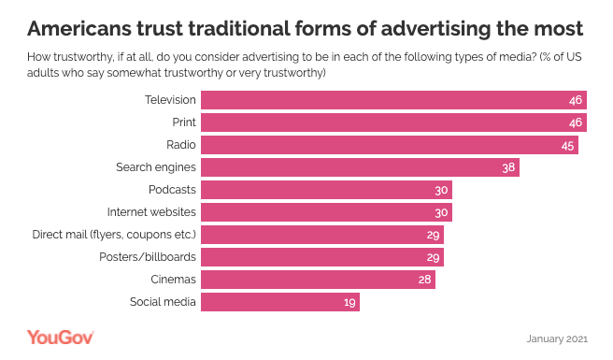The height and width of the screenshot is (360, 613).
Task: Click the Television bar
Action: point(393,100)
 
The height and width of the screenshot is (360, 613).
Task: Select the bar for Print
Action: point(393,122)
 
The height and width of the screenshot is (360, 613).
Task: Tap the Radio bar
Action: point(390,145)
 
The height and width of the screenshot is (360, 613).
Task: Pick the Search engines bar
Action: point(360,167)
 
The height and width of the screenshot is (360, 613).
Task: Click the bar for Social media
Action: point(280,302)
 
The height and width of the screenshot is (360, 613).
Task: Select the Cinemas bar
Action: point(318,280)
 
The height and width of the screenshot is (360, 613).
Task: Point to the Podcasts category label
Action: point(172,190)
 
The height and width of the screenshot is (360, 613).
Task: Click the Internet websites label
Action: point(151,212)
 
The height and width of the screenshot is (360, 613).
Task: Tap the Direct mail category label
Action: point(114,235)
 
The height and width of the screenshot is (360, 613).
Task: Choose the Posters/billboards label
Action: point(148,257)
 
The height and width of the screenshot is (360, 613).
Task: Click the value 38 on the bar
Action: point(508,167)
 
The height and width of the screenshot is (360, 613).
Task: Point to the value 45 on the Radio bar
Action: point(567,146)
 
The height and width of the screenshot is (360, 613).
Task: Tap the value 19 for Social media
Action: point(349,302)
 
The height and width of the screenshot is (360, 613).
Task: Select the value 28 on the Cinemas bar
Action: point(424,280)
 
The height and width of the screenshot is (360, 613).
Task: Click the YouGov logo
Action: point(60,338)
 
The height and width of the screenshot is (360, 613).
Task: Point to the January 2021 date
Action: point(557,338)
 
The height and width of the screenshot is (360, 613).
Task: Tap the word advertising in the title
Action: point(435,29)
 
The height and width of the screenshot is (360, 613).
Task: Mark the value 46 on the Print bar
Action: point(576,122)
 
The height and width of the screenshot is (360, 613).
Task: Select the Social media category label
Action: point(163,302)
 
